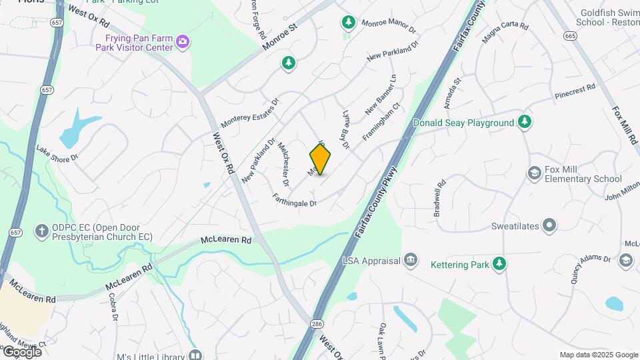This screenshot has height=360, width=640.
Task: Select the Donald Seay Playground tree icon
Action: point(525,122)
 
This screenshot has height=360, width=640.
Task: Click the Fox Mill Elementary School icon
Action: point(534,173)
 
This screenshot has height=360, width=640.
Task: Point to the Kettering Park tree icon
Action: point(499,265)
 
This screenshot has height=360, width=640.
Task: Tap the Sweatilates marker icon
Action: point(549,226)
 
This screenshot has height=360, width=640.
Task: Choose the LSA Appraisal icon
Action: point(411,260)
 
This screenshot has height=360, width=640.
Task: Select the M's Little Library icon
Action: point(195,355)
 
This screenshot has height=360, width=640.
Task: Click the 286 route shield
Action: point(316,323)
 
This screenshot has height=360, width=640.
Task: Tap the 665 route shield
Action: point(569,35)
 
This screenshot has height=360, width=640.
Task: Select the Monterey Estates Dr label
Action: point(249,113)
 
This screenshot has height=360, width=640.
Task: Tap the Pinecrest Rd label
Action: point(574,92)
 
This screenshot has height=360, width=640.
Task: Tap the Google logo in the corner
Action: point(21,351)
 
